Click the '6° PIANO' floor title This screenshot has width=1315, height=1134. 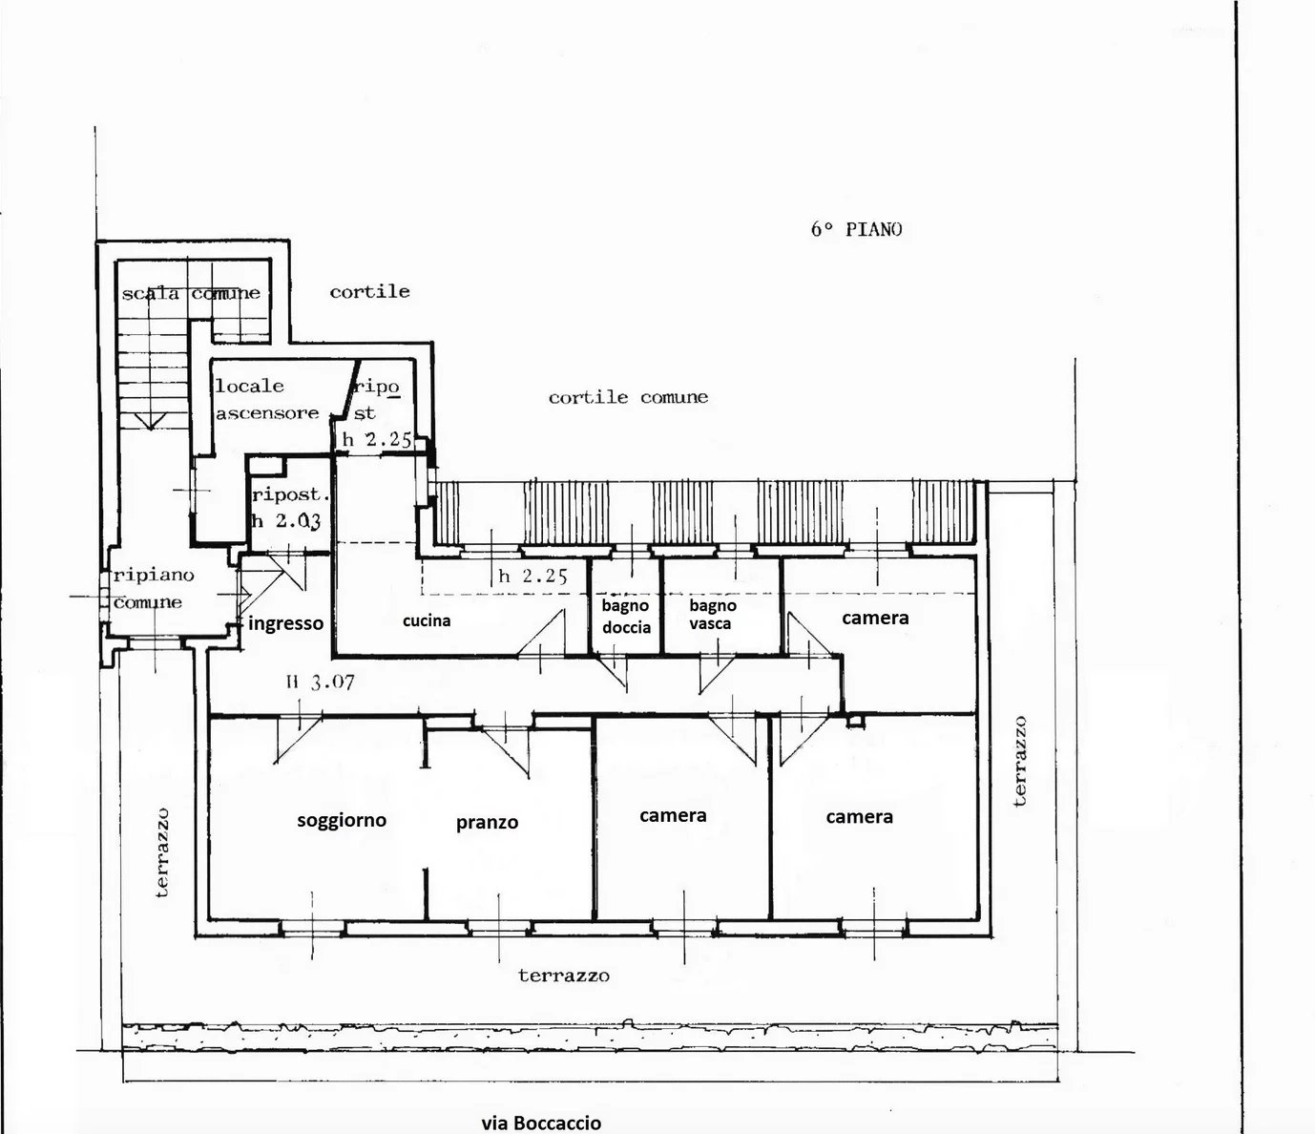[856, 229]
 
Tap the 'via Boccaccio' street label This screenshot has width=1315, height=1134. [541, 1122]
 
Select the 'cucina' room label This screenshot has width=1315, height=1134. [427, 620]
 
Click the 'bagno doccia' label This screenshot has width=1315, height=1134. [626, 617]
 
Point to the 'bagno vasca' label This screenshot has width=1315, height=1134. [713, 615]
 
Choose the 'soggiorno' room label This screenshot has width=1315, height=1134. [342, 820]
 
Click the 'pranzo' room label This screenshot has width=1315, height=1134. [487, 823]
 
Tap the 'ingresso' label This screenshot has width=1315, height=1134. [285, 623]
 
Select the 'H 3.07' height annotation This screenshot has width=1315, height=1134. [320, 682]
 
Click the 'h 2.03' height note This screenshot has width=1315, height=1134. [286, 521]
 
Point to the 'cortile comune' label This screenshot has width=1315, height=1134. [628, 398]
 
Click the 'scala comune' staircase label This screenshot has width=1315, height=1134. [191, 293]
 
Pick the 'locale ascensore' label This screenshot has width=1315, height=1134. [266, 400]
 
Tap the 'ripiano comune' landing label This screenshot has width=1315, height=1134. [154, 589]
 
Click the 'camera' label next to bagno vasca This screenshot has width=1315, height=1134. [875, 618]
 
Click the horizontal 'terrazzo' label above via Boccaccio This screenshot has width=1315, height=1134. [564, 976]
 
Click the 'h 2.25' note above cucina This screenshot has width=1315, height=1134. [532, 577]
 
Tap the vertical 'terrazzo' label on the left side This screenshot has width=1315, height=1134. [163, 852]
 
